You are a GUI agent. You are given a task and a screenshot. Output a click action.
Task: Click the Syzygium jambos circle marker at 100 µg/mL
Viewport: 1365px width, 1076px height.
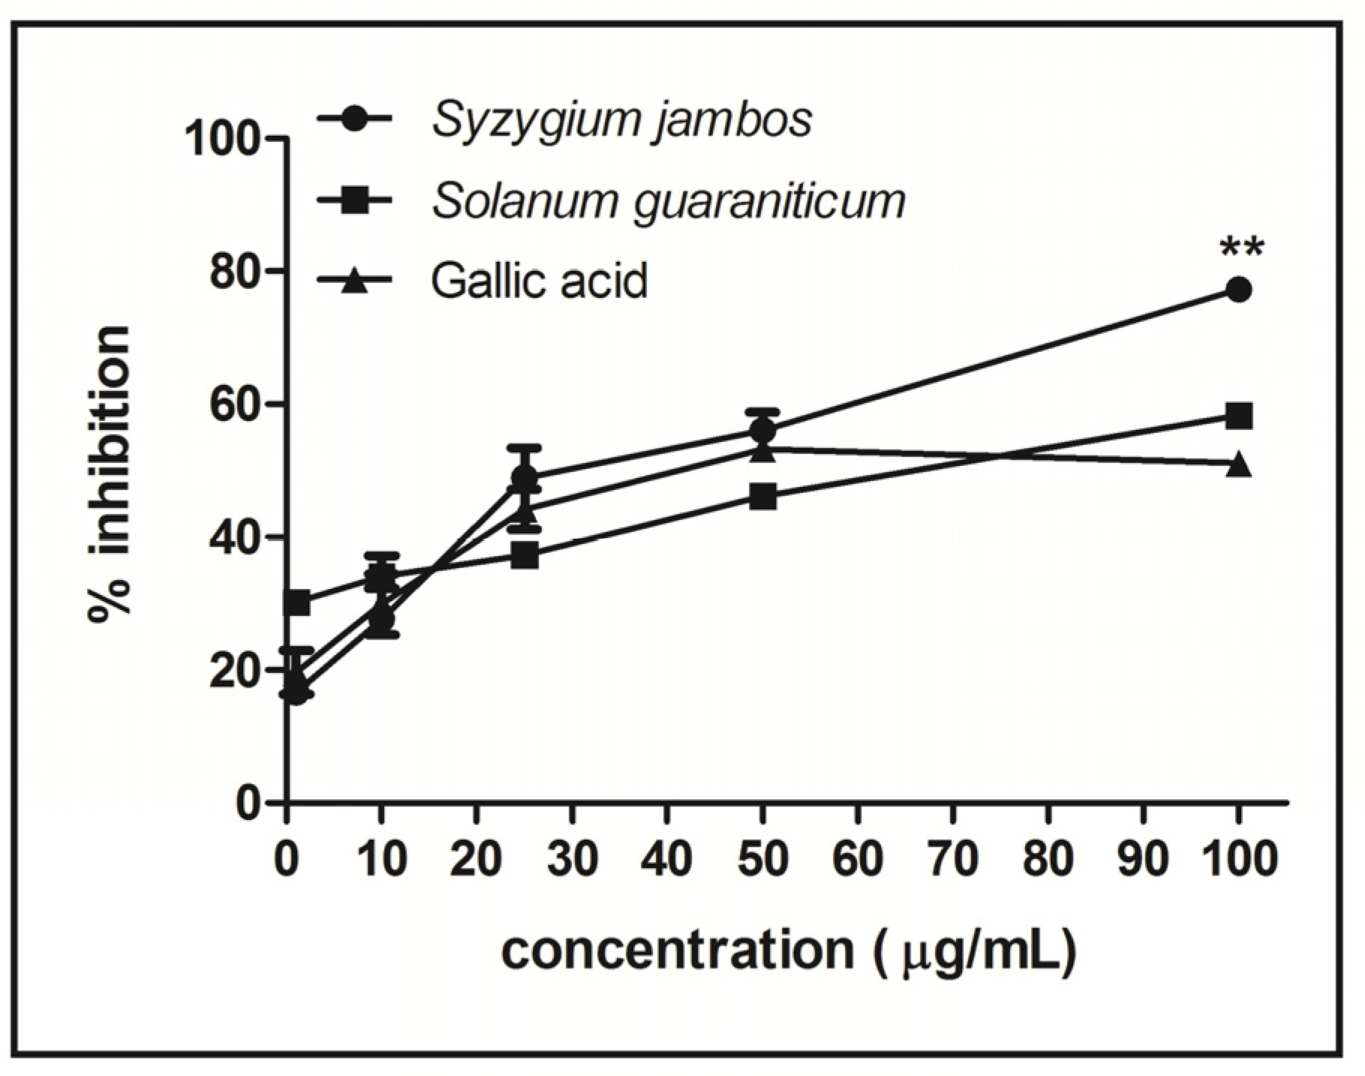click(x=1239, y=290)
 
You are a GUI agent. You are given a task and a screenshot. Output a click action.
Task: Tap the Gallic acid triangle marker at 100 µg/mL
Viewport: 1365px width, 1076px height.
click(x=1239, y=464)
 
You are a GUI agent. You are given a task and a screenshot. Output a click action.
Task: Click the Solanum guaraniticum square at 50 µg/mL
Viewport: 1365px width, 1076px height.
click(x=762, y=496)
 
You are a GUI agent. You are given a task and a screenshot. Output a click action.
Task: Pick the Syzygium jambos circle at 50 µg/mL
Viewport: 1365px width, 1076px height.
click(x=762, y=431)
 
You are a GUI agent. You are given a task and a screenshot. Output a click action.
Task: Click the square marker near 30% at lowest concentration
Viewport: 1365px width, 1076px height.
click(x=298, y=602)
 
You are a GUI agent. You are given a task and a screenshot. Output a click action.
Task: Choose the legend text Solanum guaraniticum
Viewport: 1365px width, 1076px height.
click(x=668, y=201)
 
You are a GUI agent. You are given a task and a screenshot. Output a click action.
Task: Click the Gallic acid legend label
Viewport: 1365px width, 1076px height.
click(x=539, y=281)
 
